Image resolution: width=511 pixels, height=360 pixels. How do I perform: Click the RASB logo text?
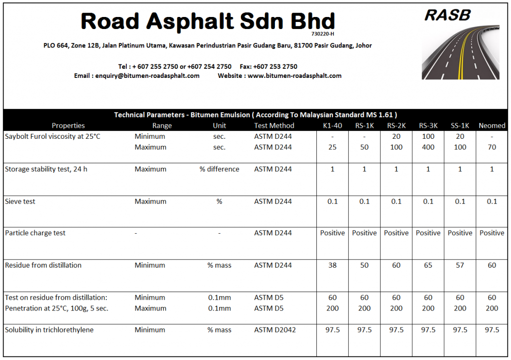[x=447, y=15]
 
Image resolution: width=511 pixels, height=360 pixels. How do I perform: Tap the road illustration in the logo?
[x=461, y=52]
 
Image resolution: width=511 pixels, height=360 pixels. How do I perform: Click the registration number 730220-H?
[x=322, y=34]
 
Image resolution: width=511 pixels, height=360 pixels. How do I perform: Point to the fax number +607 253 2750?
[x=275, y=66]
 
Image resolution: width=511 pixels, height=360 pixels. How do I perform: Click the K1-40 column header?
[x=332, y=126]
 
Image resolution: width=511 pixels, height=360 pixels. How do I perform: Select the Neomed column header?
[x=492, y=126]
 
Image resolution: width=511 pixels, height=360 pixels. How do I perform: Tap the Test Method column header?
[x=274, y=126]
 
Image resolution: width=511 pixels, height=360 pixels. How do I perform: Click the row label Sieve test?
[x=20, y=202]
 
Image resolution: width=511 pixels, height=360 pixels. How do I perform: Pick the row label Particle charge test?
[x=35, y=233]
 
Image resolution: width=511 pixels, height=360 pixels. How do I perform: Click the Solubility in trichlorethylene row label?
[x=49, y=330]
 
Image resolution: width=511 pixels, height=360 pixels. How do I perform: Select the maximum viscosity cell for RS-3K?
[x=428, y=147]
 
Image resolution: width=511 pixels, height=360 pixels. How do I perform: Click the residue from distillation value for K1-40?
[x=332, y=266]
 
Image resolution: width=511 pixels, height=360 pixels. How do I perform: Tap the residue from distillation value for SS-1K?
[x=460, y=266]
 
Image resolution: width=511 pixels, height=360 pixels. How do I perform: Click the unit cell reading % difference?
[x=219, y=169]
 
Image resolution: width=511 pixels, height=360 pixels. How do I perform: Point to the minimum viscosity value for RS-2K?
[x=396, y=136]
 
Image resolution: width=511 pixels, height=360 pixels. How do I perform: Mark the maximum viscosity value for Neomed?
[x=492, y=147]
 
